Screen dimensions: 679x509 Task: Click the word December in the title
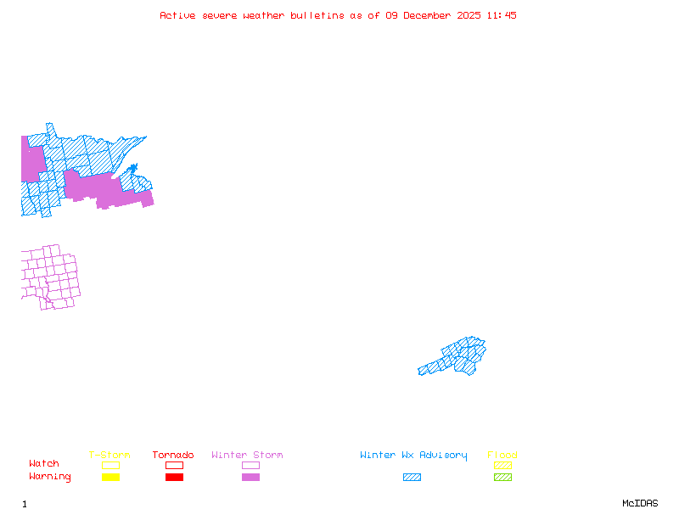click(431, 15)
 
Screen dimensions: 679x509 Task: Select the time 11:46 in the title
click(502, 15)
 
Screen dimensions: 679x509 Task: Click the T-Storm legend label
click(109, 456)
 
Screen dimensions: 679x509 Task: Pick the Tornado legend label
click(173, 456)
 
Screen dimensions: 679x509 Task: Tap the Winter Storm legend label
click(247, 456)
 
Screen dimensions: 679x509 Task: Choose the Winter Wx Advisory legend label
click(413, 456)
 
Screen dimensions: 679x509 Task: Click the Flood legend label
click(502, 456)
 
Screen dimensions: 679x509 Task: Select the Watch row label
click(44, 464)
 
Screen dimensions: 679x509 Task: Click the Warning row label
click(50, 477)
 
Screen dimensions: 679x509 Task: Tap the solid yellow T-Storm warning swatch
click(110, 478)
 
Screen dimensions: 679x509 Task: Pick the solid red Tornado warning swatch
click(174, 478)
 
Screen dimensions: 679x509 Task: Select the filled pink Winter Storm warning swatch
click(250, 478)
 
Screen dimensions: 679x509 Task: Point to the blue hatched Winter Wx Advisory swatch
click(412, 478)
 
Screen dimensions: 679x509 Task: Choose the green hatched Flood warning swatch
click(502, 478)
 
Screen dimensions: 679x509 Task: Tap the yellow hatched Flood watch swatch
click(502, 466)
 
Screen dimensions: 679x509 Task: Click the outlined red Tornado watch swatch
click(174, 466)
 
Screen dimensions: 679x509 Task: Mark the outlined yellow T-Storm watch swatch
click(110, 466)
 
